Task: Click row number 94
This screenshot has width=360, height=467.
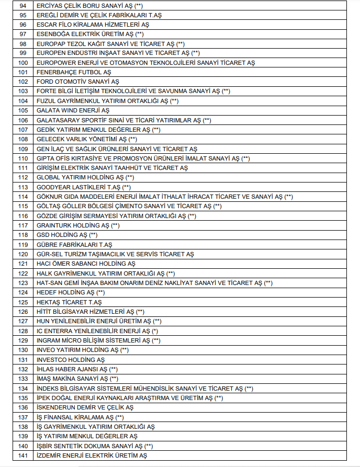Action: (x=22, y=6)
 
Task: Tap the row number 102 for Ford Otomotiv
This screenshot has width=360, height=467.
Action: (x=22, y=82)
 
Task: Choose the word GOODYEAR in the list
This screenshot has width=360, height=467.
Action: (x=52, y=187)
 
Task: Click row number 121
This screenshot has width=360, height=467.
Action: (x=22, y=264)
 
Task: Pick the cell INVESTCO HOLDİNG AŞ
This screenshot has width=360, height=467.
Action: (x=71, y=360)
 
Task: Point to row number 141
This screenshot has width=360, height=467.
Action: (x=22, y=455)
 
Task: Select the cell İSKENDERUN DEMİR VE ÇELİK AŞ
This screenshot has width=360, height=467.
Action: (x=85, y=407)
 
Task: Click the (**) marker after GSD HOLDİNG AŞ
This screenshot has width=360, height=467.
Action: (x=93, y=235)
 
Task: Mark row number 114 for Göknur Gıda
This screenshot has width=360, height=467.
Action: (x=22, y=197)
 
